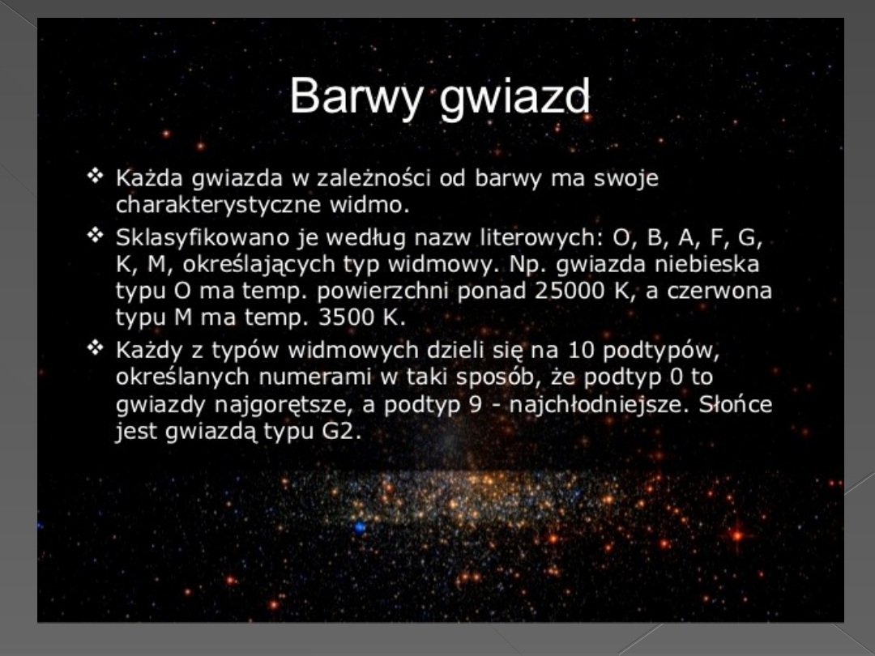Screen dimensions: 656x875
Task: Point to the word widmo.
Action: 369,205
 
